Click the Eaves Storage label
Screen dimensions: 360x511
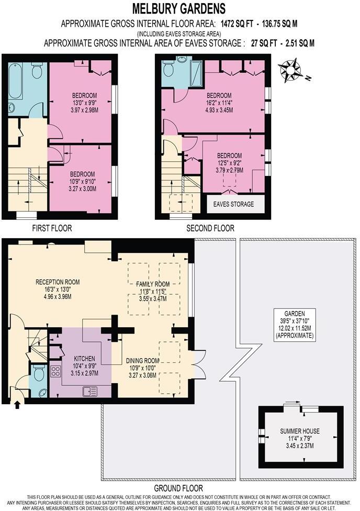tap(233, 204)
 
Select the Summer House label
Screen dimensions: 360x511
tap(300, 431)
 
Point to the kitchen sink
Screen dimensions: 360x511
tap(90, 391)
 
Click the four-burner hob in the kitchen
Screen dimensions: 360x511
tap(55, 372)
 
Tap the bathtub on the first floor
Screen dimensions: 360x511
tap(15, 81)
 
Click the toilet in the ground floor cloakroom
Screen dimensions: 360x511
tap(39, 373)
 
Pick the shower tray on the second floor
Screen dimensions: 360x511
tap(196, 73)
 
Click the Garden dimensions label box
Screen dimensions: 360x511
tap(295, 325)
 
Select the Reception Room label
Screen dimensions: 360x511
tap(58, 282)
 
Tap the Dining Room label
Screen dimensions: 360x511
tap(143, 361)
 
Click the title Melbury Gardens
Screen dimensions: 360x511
tap(179, 9)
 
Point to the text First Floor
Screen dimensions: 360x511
tap(52, 228)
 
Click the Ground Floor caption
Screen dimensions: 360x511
tap(178, 488)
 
